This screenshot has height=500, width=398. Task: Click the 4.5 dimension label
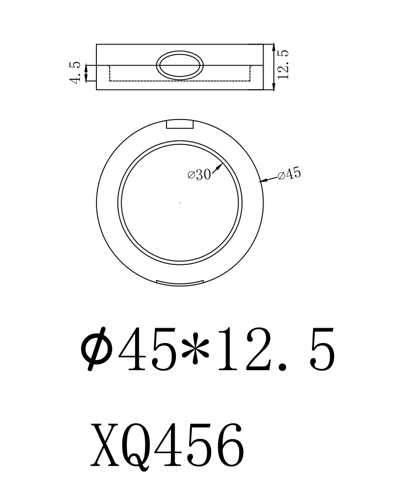coord(76,72)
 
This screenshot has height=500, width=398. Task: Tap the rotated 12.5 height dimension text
coord(283,65)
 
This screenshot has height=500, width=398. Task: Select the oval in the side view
coord(180,65)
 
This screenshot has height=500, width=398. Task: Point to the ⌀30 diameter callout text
coord(199,175)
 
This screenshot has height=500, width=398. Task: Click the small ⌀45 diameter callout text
coord(289,175)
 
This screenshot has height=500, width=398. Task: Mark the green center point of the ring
coord(180,203)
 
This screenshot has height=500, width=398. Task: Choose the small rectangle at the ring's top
coord(180,124)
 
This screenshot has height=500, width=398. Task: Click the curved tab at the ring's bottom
coord(178,283)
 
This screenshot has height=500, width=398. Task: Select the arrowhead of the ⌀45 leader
coord(261,180)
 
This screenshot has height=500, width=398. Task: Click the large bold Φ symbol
coord(97,349)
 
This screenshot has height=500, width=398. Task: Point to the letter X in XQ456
coord(107,444)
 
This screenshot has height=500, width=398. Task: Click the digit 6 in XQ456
coord(227,445)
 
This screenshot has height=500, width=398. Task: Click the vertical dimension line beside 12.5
coord(274,67)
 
